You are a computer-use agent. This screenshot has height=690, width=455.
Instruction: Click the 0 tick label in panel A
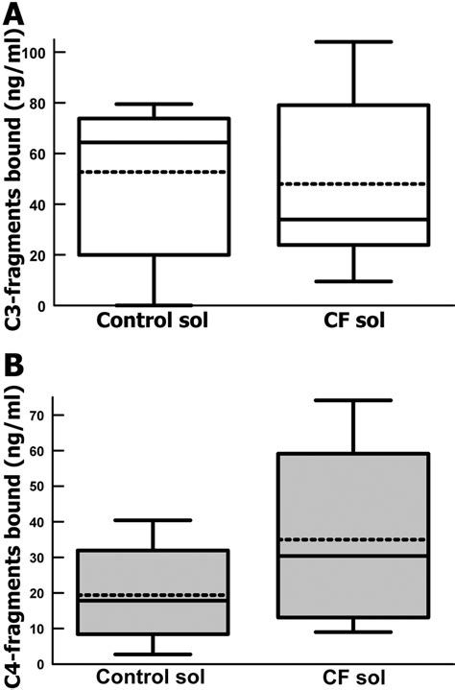pos(41,305)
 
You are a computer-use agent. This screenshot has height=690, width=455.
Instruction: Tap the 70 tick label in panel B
pos(36,416)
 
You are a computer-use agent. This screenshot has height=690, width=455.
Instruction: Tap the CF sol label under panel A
pos(352,321)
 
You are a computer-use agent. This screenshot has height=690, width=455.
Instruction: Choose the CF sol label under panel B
pos(352,678)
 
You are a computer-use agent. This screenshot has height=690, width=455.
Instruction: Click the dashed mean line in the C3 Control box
pos(155,172)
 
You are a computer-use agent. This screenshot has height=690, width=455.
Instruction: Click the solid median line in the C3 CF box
pos(352,220)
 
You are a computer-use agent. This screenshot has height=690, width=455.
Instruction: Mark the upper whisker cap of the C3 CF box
pos(352,42)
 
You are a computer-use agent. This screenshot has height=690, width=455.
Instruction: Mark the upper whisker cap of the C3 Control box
pos(155,104)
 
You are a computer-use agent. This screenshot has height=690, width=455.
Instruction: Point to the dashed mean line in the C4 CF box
pos(352,539)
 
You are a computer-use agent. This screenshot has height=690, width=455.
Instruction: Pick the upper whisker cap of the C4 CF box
pos(352,400)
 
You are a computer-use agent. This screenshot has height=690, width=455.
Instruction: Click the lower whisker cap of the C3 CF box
pos(352,281)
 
